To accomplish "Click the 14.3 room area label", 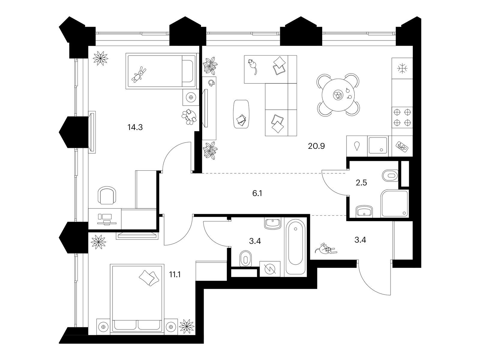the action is (135, 127).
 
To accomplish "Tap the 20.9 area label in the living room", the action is (316, 146).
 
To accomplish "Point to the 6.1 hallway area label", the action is (257, 193).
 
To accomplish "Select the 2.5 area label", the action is (361, 182).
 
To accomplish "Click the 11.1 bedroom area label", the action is (175, 274).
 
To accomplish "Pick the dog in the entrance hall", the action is (326, 249).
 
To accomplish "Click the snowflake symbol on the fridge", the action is (402, 68).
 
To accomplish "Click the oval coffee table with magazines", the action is (241, 114).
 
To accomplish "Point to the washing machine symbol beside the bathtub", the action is (270, 268).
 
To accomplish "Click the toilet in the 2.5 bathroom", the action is (390, 175).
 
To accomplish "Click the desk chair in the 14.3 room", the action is (107, 195).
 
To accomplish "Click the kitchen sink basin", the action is (378, 145).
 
